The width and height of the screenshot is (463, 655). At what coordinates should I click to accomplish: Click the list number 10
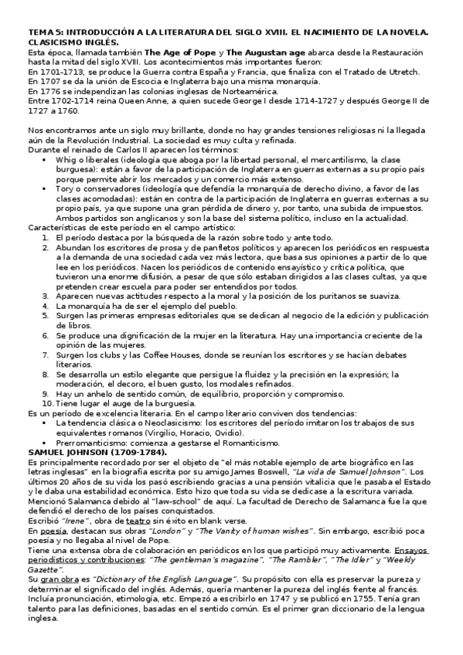tap(47, 402)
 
